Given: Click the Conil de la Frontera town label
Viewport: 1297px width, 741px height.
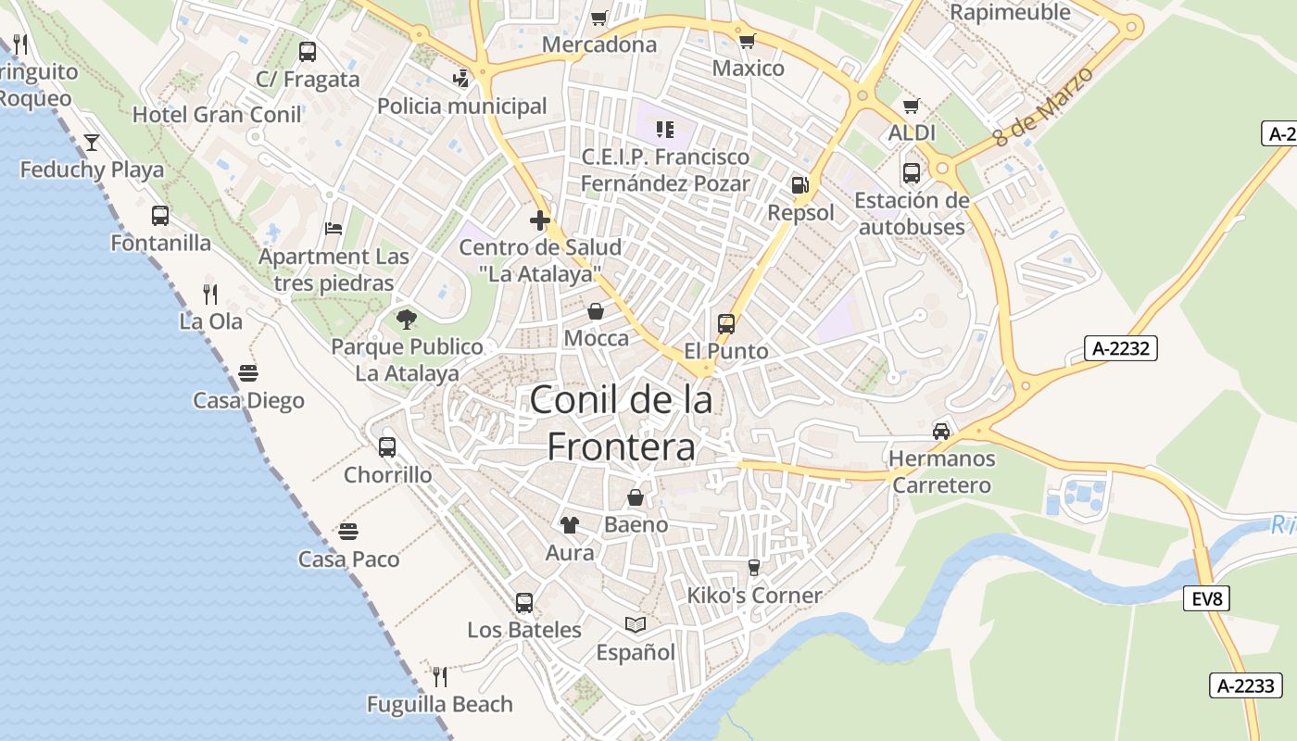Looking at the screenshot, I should tap(621, 423).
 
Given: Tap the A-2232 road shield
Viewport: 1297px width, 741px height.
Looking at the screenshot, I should tap(1120, 348).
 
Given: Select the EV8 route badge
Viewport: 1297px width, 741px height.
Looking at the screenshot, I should tap(1206, 598).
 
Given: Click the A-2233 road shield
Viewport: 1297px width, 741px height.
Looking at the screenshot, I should tap(1246, 686).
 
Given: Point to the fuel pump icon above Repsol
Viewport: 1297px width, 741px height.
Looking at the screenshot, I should tap(800, 185).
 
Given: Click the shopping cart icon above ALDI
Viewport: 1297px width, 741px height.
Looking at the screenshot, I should tap(911, 107).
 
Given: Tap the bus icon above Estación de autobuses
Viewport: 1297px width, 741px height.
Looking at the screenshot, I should tap(912, 172).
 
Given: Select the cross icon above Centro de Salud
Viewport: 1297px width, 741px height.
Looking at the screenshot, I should tap(540, 220).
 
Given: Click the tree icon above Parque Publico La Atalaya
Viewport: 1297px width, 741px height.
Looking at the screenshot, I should tap(406, 320).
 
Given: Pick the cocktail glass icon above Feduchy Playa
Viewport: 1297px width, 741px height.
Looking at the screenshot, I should tap(92, 143).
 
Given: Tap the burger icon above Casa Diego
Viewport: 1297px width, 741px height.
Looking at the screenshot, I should tap(248, 372).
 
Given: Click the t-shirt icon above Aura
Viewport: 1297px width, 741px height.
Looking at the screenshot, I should tap(570, 525).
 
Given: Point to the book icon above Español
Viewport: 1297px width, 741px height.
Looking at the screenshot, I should tap(635, 625).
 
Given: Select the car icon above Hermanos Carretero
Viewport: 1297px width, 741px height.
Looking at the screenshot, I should tap(941, 431).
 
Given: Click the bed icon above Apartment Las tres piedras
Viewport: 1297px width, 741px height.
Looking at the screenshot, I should tap(334, 229).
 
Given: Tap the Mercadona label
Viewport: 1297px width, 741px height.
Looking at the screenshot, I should tap(599, 44).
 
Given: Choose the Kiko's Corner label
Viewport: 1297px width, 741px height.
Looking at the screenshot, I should tap(754, 596).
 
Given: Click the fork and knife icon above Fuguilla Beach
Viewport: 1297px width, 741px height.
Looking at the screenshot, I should tap(440, 677).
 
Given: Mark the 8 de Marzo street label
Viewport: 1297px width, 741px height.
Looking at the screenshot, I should tap(1043, 106).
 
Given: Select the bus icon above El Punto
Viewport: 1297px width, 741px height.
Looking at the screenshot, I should tap(726, 324).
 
